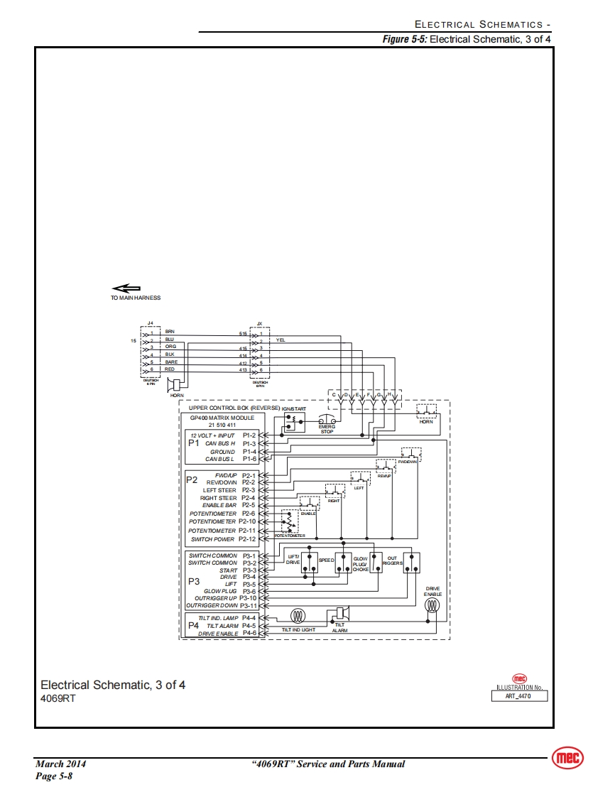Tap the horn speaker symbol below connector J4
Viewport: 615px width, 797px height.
175,385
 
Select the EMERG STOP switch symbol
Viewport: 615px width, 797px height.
327,421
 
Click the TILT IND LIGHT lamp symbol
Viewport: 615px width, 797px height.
298,616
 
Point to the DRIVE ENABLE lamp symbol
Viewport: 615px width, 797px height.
432,606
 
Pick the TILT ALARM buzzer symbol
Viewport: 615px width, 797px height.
340,613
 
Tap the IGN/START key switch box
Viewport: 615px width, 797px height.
293,422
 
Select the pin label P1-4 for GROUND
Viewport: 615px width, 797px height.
249,451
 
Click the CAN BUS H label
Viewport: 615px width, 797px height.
220,443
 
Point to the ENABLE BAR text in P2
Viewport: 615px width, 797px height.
219,505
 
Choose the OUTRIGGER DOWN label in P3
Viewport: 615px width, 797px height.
212,606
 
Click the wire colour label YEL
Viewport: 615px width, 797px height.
281,342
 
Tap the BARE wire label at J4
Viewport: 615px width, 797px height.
171,362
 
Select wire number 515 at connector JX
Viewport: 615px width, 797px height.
243,332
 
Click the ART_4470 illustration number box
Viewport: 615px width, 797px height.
521,696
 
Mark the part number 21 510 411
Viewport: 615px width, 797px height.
222,425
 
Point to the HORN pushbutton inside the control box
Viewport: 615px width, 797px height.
425,411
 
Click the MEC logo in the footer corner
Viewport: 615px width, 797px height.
567,759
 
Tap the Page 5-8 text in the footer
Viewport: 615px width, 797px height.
54,776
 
